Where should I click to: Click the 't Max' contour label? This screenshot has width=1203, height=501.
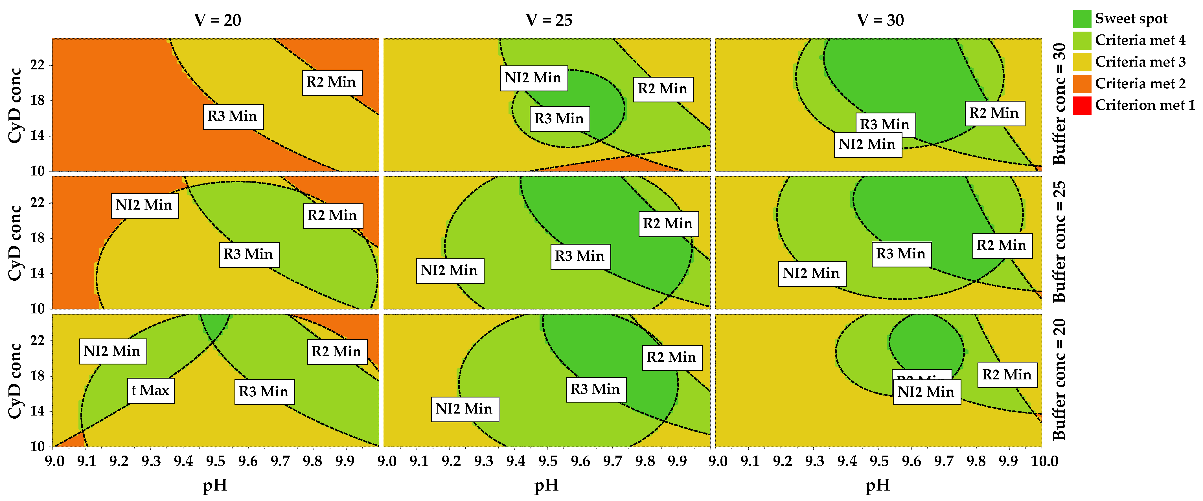pyautogui.click(x=150, y=390)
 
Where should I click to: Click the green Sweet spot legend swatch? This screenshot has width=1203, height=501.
pyautogui.click(x=1082, y=19)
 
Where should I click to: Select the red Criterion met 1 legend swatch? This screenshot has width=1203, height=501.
pyautogui.click(x=1082, y=105)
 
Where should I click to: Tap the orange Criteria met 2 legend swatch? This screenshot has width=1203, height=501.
pyautogui.click(x=1082, y=83)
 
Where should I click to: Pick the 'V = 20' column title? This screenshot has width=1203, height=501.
pyautogui.click(x=217, y=20)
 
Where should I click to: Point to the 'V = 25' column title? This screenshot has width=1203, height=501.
pyautogui.click(x=548, y=20)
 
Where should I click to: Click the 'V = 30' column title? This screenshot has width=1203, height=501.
pyautogui.click(x=880, y=20)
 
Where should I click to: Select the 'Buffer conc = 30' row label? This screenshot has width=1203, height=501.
pyautogui.click(x=1059, y=104)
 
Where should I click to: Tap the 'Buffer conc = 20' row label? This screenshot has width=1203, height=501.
pyautogui.click(x=1059, y=379)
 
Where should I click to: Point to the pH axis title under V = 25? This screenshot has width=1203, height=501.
pyautogui.click(x=546, y=485)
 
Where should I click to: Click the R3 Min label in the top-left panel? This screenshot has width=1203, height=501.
pyautogui.click(x=233, y=116)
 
